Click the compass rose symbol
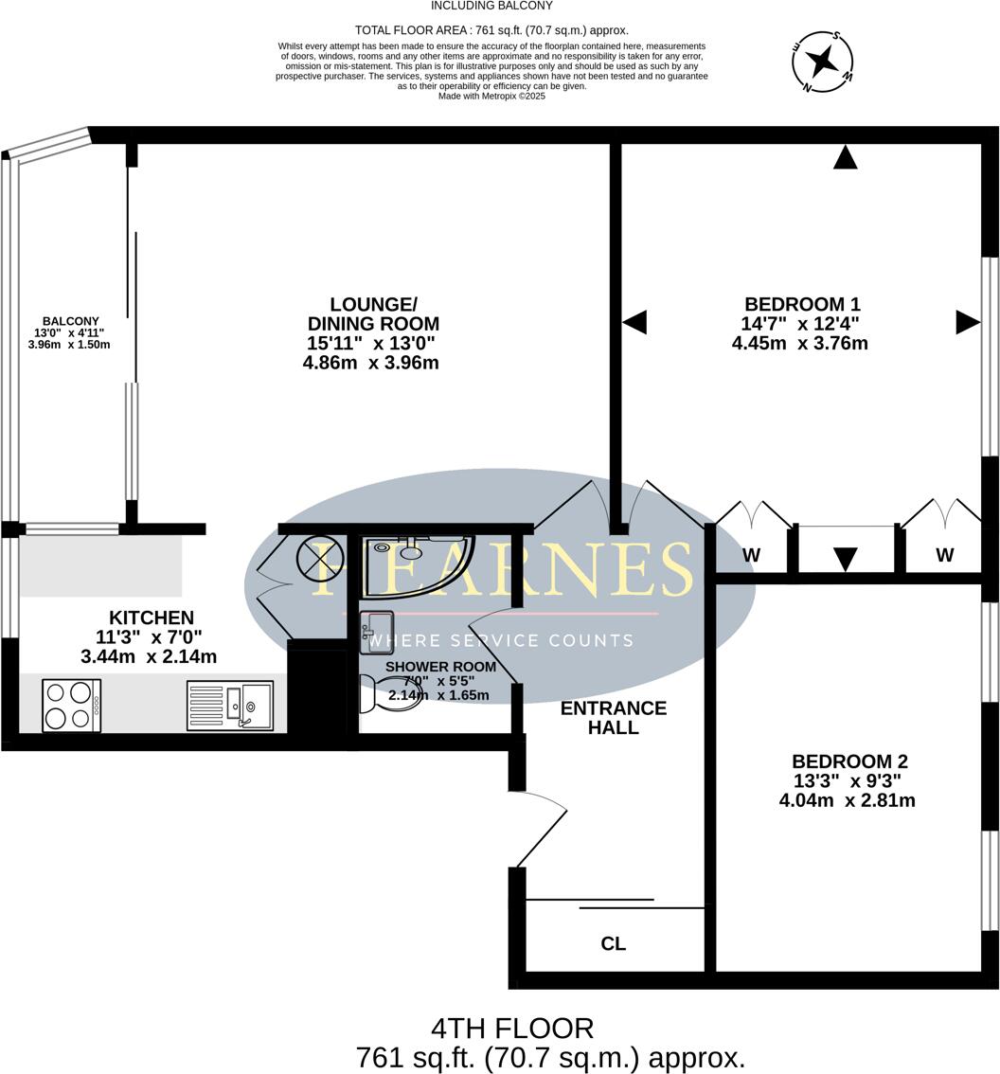click(822, 63)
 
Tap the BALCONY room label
click(70, 322)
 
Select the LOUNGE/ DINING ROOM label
click(372, 313)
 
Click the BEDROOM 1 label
click(801, 304)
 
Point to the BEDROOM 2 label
click(849, 761)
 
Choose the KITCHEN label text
click(152, 618)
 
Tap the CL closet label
click(613, 944)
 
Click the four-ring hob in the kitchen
click(71, 706)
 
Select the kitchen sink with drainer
click(230, 706)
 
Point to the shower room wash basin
click(376, 632)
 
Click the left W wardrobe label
click(751, 556)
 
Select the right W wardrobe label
click(944, 556)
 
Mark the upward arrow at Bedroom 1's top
click(845, 158)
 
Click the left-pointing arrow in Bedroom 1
click(634, 322)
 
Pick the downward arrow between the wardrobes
click(845, 559)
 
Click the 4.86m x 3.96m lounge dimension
click(370, 363)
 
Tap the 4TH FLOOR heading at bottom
click(512, 1029)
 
